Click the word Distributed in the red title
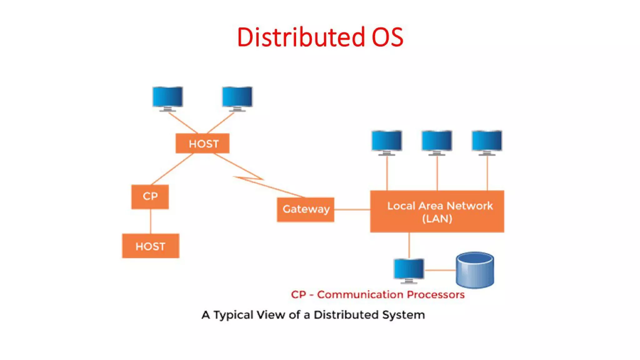301,37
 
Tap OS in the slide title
387,37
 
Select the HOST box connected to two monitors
202,143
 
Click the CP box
150,197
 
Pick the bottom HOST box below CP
151,246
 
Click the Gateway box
306,209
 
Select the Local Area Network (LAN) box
437,212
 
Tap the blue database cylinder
475,270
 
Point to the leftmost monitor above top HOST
167,97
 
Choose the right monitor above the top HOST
237,97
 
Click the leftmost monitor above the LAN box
387,141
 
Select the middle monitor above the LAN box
437,141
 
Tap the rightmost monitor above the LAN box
487,141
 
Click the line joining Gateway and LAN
352,210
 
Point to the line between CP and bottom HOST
151,221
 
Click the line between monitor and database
440,270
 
